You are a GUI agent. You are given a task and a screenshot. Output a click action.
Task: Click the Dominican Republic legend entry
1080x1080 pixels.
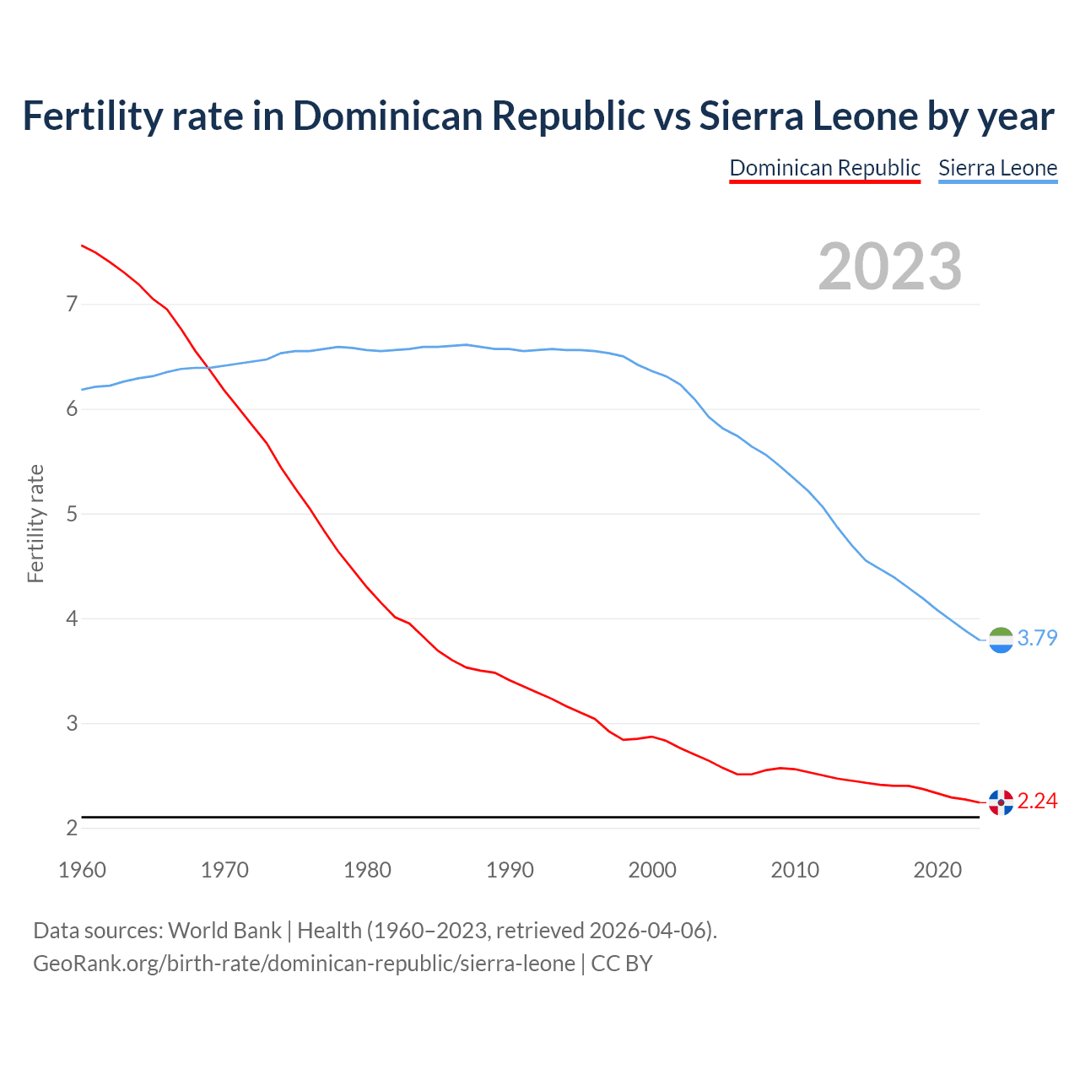[824, 168]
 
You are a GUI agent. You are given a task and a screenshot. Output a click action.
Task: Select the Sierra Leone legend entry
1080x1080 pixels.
[997, 168]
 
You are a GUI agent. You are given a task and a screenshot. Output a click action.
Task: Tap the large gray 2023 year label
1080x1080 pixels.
[890, 267]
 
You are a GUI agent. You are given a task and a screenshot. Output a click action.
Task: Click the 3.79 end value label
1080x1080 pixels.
[1037, 638]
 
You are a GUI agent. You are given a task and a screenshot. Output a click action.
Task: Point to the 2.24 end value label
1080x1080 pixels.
[1037, 801]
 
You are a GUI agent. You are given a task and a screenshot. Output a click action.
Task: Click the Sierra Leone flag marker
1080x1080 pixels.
[1001, 640]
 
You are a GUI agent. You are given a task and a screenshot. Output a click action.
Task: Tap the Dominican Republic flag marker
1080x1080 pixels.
[1001, 802]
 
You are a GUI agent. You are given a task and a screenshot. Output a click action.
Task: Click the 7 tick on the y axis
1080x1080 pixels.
[72, 304]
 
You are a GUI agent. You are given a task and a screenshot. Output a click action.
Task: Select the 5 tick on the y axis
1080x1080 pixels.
[72, 514]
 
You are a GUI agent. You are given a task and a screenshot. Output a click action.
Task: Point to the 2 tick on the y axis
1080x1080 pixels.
[72, 829]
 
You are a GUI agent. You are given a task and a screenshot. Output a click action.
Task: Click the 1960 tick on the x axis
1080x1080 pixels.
[82, 870]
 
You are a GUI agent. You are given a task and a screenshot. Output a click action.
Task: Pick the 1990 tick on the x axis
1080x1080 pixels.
[510, 870]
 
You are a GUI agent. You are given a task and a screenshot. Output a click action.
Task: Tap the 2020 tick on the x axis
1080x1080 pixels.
[937, 870]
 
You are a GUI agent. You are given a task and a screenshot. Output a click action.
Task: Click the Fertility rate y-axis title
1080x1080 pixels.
[35, 523]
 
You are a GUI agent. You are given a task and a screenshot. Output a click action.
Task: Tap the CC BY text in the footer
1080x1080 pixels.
[622, 964]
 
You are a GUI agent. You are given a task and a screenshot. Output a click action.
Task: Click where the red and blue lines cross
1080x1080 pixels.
[208, 367]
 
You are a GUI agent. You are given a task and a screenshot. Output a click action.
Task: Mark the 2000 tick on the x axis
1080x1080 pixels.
[652, 870]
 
